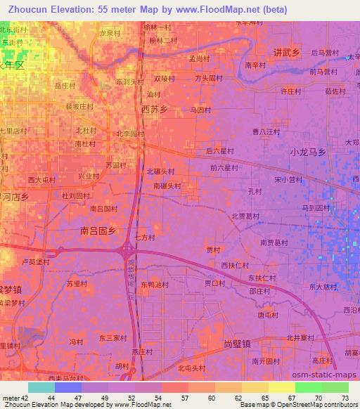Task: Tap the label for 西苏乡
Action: (x=155, y=110)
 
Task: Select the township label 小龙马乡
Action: (x=308, y=152)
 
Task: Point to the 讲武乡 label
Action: (x=287, y=53)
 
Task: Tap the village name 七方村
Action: (x=145, y=238)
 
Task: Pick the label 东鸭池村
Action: (x=154, y=285)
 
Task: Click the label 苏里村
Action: (x=77, y=284)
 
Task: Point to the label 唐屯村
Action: (x=268, y=316)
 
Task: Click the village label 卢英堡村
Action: (x=37, y=261)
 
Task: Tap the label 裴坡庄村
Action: (x=79, y=106)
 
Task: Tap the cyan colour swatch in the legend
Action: (x=41, y=387)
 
